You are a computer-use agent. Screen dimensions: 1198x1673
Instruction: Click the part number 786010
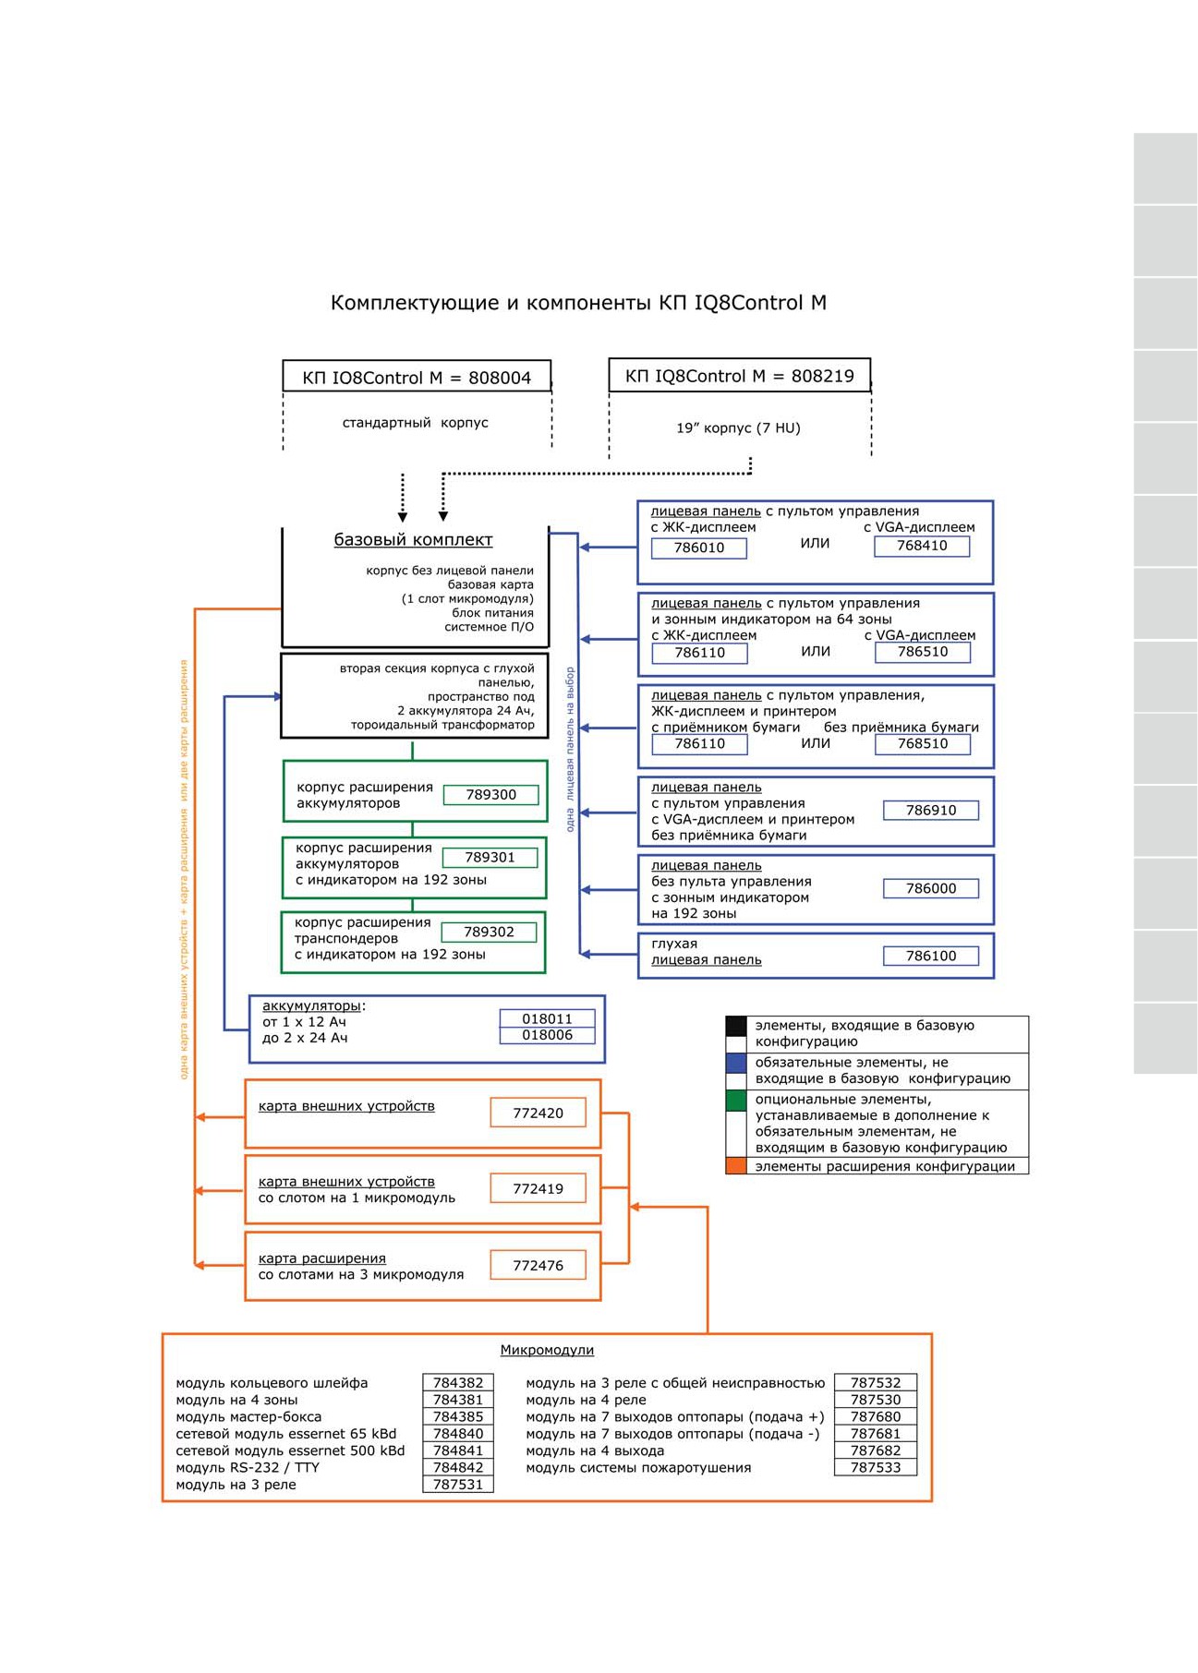[x=699, y=548]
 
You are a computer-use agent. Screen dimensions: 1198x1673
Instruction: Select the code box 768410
[x=922, y=546]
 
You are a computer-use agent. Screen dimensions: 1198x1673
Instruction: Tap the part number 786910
[x=931, y=811]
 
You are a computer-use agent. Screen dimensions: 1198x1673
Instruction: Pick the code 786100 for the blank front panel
[x=931, y=956]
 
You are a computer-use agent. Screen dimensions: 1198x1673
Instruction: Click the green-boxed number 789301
[x=490, y=858]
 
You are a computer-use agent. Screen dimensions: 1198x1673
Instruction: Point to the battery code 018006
[x=547, y=1035]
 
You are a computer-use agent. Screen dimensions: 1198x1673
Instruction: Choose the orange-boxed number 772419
[x=538, y=1189]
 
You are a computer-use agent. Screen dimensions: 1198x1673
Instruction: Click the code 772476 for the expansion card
[x=538, y=1266]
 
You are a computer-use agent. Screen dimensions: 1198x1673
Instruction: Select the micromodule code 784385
[x=458, y=1416]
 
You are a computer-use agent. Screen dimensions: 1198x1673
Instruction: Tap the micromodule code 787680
[x=876, y=1416]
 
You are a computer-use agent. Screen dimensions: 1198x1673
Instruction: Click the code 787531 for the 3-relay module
[x=458, y=1485]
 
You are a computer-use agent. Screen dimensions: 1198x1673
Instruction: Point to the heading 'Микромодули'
[x=547, y=1350]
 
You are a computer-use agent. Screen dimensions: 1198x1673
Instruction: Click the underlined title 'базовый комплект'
[x=413, y=540]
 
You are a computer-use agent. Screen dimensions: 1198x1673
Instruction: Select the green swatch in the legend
[x=736, y=1100]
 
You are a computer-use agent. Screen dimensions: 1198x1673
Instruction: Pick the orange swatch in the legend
[x=736, y=1166]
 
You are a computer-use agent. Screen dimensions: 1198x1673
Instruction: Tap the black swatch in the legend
[x=736, y=1026]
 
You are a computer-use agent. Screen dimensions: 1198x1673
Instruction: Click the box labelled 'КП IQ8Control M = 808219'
[x=740, y=376]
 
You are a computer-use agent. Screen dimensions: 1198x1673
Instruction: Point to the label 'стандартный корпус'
[x=416, y=423]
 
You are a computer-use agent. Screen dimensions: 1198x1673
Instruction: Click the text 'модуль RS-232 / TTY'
[x=248, y=1468]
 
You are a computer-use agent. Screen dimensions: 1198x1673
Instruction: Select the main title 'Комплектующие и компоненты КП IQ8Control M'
[x=578, y=303]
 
